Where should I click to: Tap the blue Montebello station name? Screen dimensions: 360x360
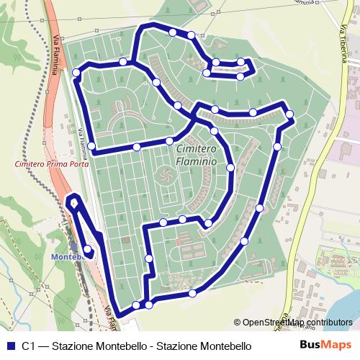[x=70, y=255]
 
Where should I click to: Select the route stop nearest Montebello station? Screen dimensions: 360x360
[x=87, y=249]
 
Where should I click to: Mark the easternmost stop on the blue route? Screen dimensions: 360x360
[x=289, y=114]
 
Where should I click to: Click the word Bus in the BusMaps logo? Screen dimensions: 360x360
[x=310, y=346]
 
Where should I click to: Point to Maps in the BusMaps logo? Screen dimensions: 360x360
[x=336, y=346]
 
